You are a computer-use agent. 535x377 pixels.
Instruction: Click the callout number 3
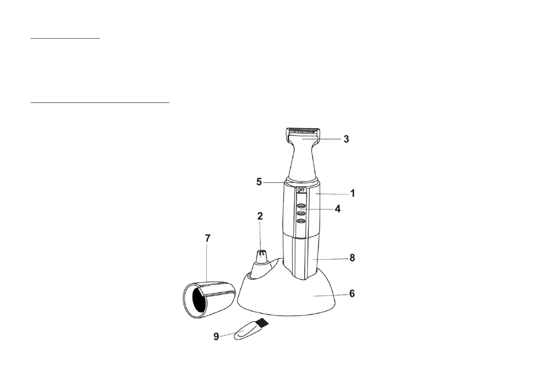click(x=346, y=139)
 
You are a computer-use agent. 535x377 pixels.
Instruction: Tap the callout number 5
click(x=259, y=182)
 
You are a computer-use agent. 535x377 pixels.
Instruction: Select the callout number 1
click(x=353, y=193)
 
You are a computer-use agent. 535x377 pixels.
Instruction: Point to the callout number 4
click(x=337, y=208)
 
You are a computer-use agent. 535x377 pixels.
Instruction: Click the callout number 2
click(x=260, y=216)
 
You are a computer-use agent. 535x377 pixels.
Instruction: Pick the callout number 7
click(x=208, y=238)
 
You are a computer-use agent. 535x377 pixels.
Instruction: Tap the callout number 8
click(x=352, y=258)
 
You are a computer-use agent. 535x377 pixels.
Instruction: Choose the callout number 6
click(x=352, y=293)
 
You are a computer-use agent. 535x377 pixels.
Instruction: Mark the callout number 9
click(x=217, y=337)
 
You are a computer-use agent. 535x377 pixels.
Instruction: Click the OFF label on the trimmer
click(x=301, y=190)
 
